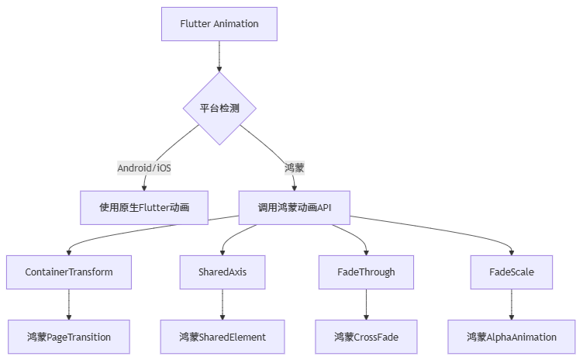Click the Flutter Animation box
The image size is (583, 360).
coord(219,23)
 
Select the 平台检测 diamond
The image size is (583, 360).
coord(219,108)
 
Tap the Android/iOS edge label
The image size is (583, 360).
coord(143,168)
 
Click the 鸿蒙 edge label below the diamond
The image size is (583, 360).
coord(294,168)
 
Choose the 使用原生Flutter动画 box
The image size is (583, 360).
coord(143,207)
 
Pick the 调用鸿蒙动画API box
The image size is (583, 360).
coord(294,207)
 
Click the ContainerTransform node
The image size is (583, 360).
coord(69,272)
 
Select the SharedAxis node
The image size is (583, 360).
coord(223,272)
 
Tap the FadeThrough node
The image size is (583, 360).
coord(366,272)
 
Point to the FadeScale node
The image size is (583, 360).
coord(511,272)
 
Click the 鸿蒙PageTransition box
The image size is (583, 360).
coord(69,337)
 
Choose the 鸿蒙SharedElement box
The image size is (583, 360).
coord(223,337)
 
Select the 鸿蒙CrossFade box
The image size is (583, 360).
coord(366,337)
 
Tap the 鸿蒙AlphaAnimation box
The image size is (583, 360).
coord(511,337)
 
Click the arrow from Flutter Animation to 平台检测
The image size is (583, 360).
coord(219,56)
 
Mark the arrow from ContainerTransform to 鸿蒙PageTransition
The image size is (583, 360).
coord(69,304)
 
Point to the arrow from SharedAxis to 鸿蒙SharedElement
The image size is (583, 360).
coord(223,304)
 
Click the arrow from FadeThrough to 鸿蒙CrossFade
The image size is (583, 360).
coord(366,304)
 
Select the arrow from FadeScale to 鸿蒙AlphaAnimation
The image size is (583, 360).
coord(511,304)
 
